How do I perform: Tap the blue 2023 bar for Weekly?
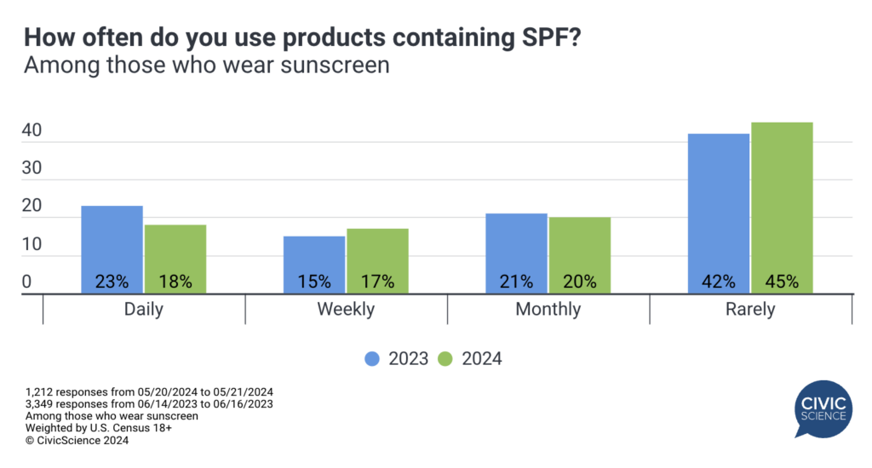pos(313,264)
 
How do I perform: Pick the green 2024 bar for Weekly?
pos(377,260)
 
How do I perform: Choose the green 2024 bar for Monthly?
pos(579,254)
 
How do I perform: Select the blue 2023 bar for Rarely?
pos(718,213)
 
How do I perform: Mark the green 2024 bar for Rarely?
pos(782,208)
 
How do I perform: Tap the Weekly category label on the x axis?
pos(346,310)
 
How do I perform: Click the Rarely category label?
pos(750,310)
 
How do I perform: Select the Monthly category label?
pos(548,310)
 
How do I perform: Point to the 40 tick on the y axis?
pos(32,132)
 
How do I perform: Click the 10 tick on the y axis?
pos(32,246)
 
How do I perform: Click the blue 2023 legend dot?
pos(372,359)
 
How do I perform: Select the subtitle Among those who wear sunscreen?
pos(206,66)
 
